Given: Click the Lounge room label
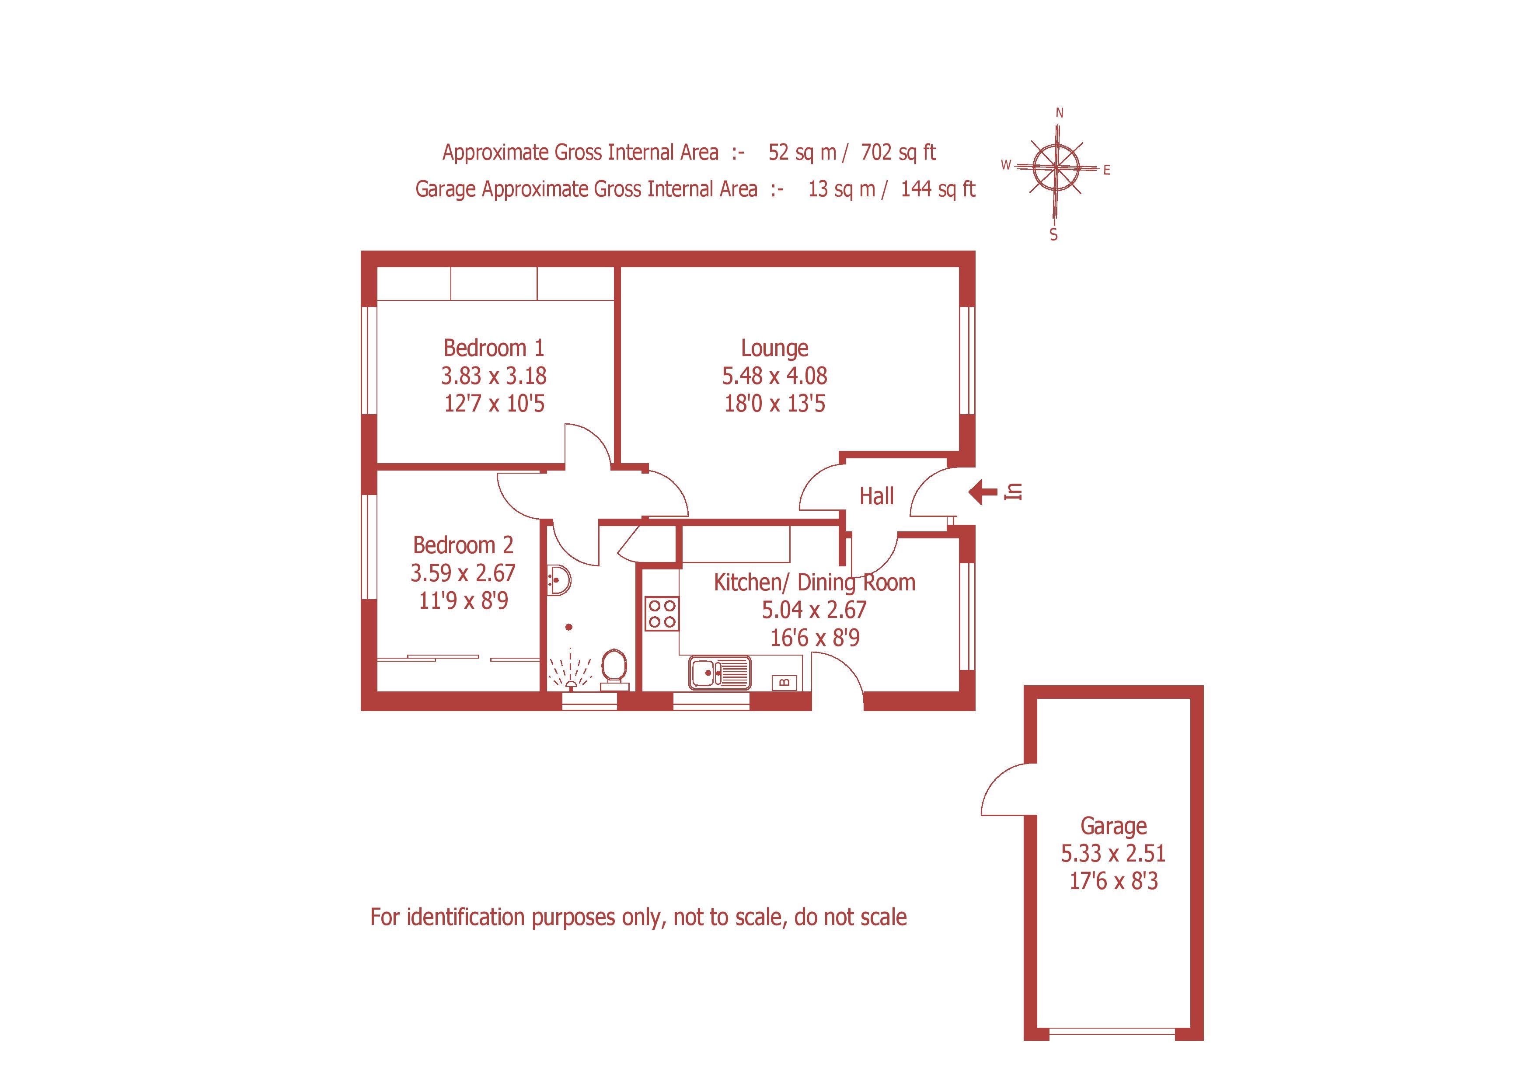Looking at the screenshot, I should [774, 348].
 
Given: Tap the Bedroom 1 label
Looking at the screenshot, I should [493, 348].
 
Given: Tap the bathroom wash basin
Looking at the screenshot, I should [558, 580].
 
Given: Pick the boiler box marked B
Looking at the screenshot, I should [785, 682].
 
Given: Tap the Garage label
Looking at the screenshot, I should [1113, 827].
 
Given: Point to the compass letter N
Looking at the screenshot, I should [1059, 114].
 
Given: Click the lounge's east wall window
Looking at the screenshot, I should [967, 361].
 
